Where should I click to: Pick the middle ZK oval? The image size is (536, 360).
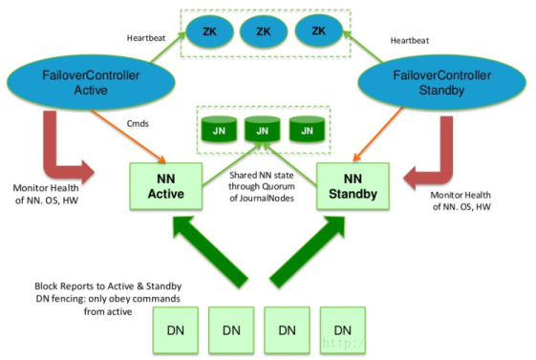[x=264, y=32]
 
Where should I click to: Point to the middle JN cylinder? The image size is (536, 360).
[x=261, y=128]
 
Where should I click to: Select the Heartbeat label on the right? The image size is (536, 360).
[x=412, y=39]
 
